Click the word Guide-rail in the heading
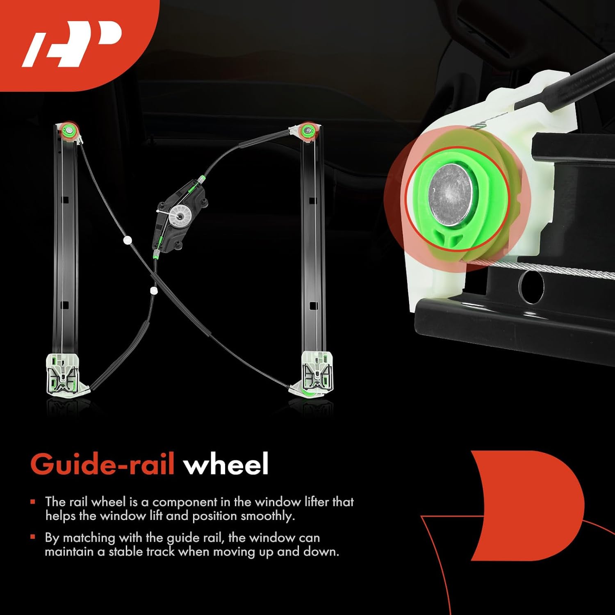102,465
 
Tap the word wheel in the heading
226,465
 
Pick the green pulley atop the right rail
306,131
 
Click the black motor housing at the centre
180,217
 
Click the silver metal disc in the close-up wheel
450,195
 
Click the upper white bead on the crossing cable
127,240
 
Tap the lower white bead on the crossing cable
154,291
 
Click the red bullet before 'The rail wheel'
33,501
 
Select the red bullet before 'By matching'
33,537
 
